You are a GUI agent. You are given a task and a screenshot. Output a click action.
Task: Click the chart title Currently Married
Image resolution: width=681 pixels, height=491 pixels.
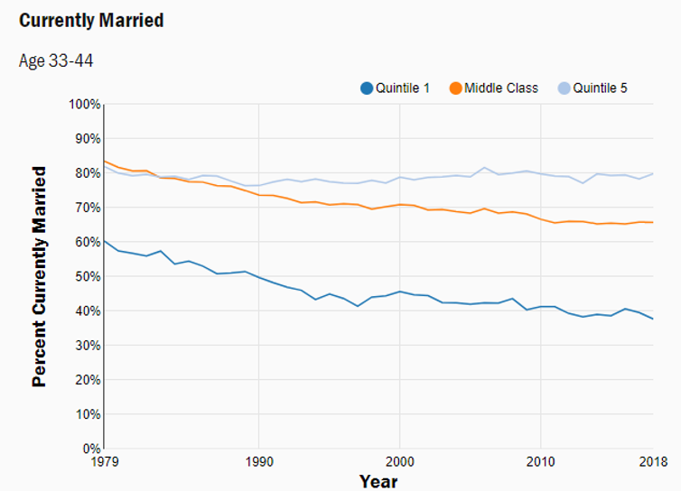pos(91,20)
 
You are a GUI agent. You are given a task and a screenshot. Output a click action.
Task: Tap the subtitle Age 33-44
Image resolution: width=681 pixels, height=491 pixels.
pos(56,61)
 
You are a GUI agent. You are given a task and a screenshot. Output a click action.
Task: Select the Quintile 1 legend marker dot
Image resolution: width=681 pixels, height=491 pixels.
pos(367,88)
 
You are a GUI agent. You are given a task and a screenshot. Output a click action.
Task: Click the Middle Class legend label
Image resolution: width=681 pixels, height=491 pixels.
pos(501,88)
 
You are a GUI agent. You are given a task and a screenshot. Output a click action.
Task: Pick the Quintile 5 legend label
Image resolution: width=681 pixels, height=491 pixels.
pos(600,88)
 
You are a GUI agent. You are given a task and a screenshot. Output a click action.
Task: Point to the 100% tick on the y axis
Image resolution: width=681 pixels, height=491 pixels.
pos(84,105)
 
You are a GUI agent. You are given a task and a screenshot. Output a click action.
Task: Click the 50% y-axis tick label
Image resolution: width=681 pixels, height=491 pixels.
pos(87,276)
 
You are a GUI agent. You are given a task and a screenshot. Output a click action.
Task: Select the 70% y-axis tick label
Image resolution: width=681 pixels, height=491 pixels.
pos(87,208)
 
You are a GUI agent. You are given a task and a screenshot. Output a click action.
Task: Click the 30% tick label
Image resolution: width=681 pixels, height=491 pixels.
pos(87,346)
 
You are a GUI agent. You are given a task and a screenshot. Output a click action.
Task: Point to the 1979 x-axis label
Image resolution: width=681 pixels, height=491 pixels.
pos(104,462)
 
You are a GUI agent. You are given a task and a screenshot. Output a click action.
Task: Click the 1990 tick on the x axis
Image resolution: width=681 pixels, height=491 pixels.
pos(259,462)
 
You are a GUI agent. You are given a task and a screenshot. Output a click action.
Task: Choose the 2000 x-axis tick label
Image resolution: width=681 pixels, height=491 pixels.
pos(400,462)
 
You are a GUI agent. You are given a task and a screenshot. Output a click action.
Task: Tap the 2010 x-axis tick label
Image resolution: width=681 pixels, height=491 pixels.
pos(540,462)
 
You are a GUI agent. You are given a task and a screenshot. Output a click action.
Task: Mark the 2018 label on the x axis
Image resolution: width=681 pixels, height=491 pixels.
pos(653,462)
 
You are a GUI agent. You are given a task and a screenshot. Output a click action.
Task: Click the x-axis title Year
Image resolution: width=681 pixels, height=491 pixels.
pos(378,481)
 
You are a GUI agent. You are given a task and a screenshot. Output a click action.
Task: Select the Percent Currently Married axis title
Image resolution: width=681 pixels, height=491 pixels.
pos(39,276)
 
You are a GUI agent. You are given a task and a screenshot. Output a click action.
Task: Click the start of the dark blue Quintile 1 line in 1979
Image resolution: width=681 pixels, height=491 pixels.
pos(105,241)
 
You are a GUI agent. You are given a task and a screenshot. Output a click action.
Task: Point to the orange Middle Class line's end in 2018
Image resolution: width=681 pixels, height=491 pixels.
pos(653,222)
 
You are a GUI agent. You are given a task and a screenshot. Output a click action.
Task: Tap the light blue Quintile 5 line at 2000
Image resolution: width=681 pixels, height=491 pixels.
pos(400,177)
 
